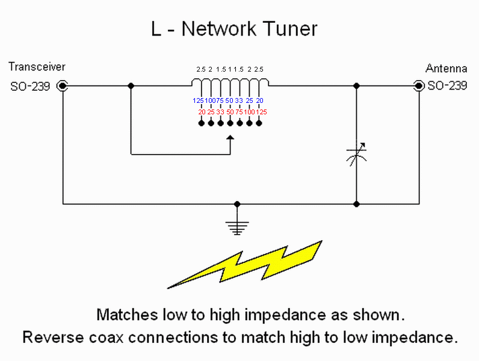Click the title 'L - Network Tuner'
234,29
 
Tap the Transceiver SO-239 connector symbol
63,86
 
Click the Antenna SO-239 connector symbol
418,86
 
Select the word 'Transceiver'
37,67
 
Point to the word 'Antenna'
446,69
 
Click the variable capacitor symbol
356,155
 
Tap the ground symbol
237,227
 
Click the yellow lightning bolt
244,265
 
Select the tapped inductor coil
230,82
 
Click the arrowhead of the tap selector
230,138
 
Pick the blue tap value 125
198,100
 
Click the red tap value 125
262,112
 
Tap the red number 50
230,112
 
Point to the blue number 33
239,100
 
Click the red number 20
202,112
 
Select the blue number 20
260,100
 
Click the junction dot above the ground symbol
237,204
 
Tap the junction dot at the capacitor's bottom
356,204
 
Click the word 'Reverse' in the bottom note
53,338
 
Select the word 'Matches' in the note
127,315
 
